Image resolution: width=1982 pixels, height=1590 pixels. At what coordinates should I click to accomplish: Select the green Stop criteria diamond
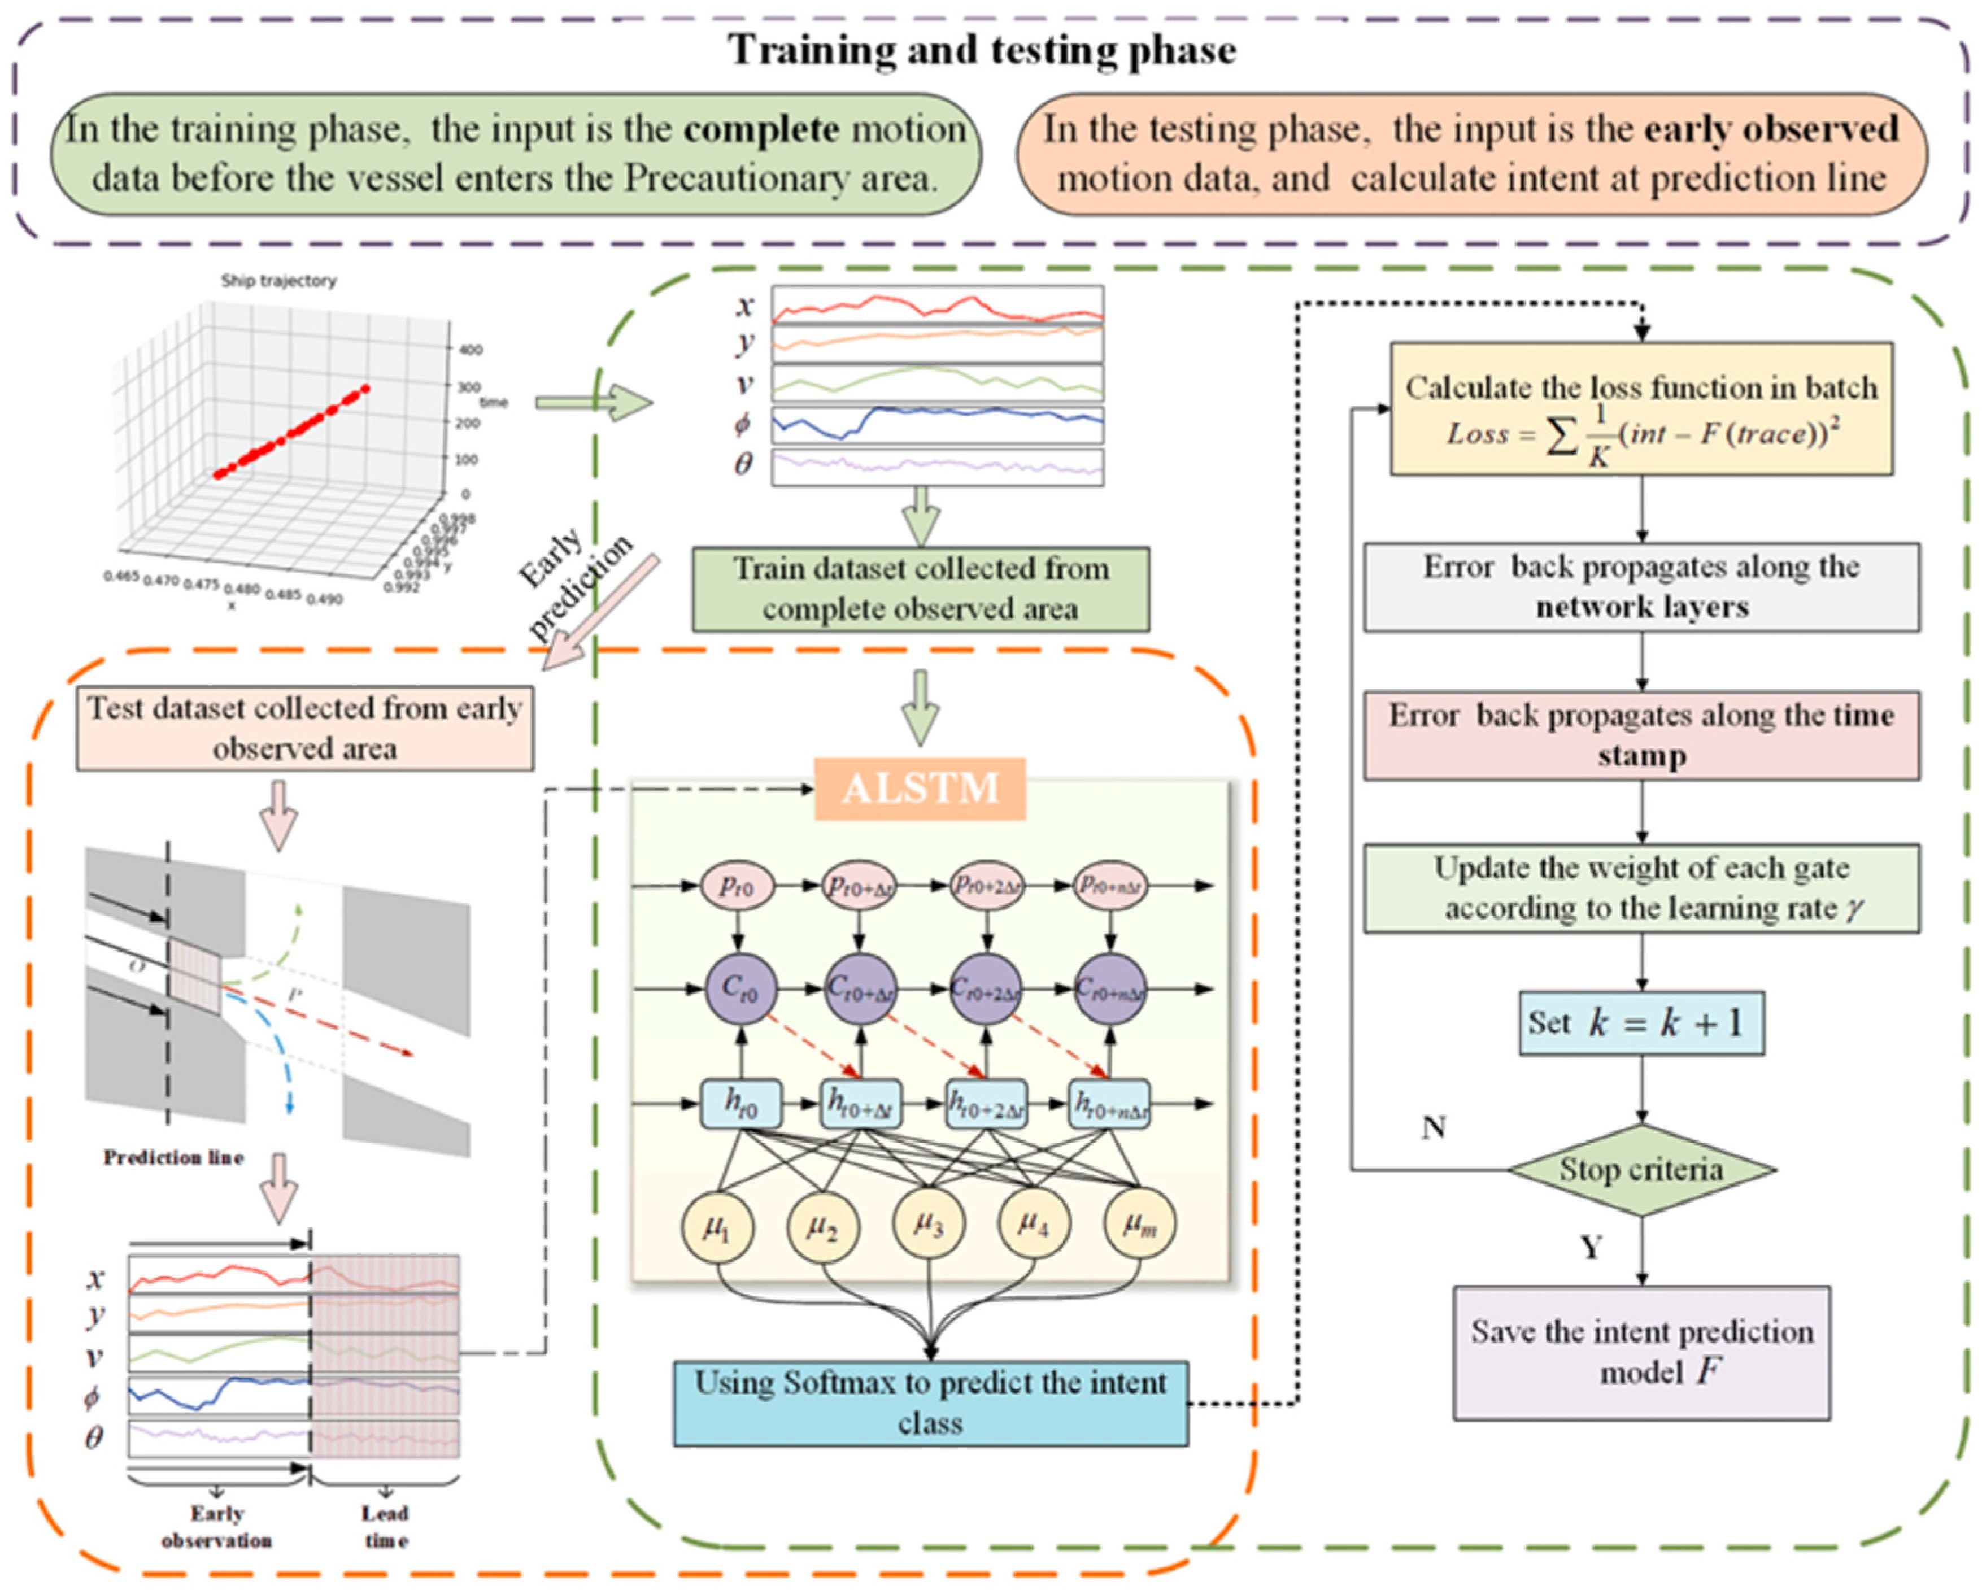coord(1641,1170)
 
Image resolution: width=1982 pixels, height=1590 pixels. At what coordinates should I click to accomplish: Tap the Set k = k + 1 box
coord(1641,1023)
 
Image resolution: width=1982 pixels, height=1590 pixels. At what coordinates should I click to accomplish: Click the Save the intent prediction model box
coord(1641,1352)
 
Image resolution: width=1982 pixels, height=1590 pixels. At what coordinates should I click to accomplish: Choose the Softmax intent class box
coord(930,1402)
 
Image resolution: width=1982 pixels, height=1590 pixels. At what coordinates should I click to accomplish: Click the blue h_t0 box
coord(741,1103)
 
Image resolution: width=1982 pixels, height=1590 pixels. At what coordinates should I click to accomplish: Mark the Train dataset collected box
coord(920,589)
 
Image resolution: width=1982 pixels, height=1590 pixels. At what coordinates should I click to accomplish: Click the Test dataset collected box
coord(304,728)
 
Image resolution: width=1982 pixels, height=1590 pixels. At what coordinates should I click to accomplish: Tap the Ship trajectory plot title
coord(278,280)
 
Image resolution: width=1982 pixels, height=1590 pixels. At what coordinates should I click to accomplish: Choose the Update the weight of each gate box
coord(1641,888)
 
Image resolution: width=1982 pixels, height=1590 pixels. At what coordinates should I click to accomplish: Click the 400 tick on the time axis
coord(470,349)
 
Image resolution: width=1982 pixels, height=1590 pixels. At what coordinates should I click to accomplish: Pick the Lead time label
coord(385,1527)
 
